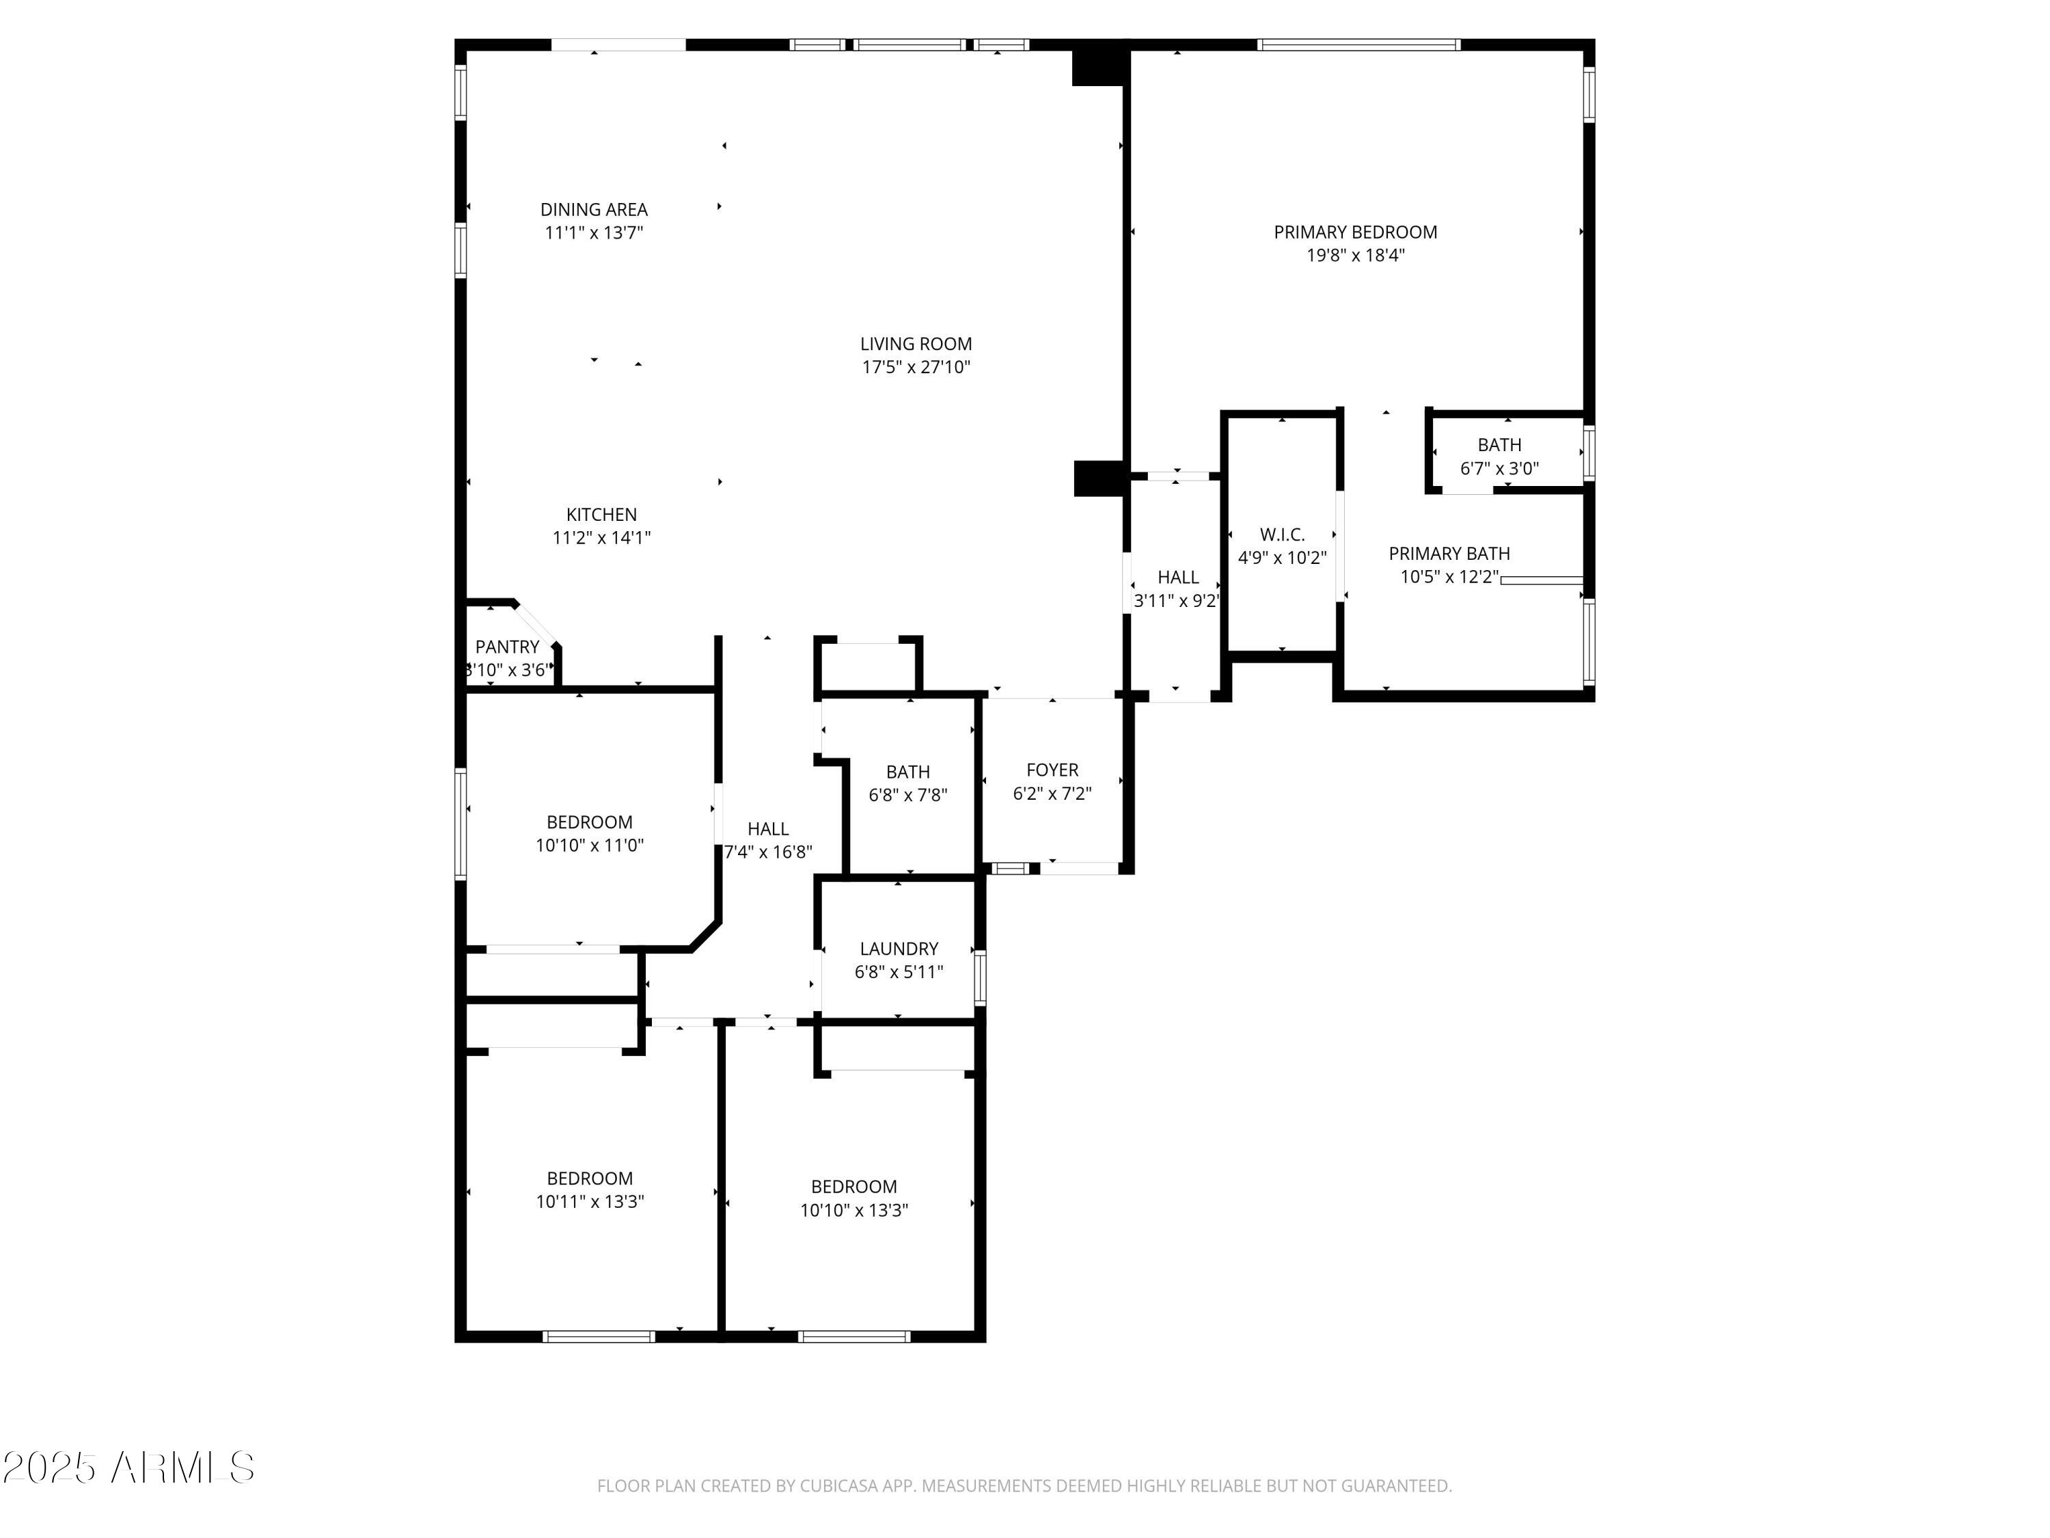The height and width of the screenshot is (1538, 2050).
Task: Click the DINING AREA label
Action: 593,210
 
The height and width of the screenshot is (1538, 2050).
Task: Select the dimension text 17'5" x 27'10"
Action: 916,367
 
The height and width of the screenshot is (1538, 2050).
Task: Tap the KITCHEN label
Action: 601,515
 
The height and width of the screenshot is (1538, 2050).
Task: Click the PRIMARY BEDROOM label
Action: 1355,232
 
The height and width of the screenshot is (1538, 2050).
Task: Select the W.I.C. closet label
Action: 1282,535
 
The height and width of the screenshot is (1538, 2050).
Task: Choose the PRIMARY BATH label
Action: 1449,554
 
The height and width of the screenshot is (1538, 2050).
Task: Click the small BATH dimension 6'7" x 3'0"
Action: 1499,469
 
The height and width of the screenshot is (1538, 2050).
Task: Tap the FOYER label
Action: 1052,770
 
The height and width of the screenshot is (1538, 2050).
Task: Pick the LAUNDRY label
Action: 898,948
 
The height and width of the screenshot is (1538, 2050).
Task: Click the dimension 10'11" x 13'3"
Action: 590,1202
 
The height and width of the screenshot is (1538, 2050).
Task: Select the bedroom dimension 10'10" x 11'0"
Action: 590,846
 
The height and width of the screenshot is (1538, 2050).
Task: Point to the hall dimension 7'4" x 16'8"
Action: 767,852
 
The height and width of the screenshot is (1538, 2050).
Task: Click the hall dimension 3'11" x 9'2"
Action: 1177,601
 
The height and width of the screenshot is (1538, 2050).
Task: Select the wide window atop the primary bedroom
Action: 1358,44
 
